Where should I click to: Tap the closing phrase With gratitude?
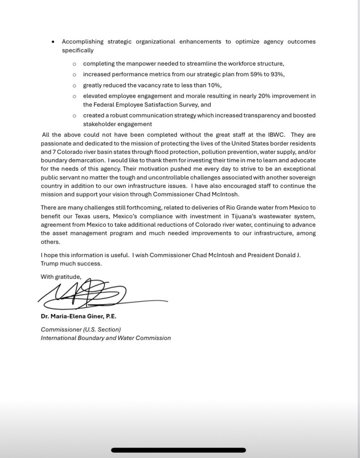(x=61, y=277)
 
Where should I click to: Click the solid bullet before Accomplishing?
(x=53, y=42)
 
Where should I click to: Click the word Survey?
(x=179, y=105)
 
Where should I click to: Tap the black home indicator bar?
(x=178, y=450)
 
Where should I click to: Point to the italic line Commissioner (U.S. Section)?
(x=80, y=329)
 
